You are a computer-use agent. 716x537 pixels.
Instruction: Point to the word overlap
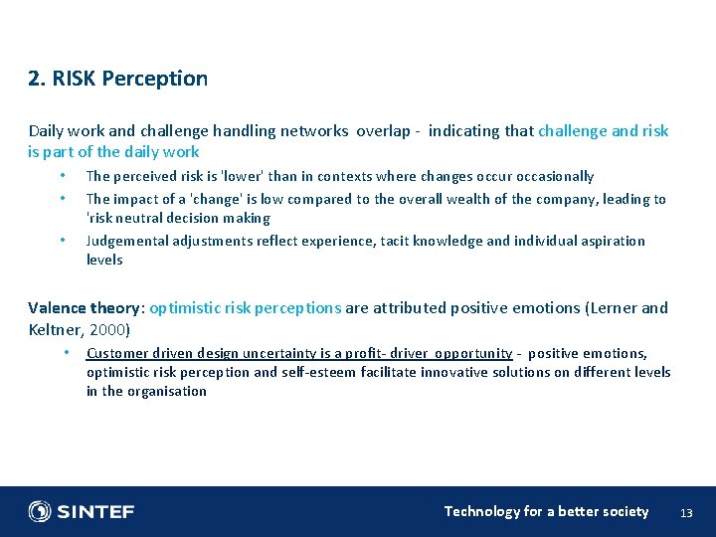381,131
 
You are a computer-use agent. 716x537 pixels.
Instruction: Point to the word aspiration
614,241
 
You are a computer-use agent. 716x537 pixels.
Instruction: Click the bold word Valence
57,308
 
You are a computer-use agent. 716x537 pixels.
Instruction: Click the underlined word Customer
115,353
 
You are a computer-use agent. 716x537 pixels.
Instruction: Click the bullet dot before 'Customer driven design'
64,353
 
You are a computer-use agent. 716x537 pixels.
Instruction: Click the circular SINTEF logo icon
40,511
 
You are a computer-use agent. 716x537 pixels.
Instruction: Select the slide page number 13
685,512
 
